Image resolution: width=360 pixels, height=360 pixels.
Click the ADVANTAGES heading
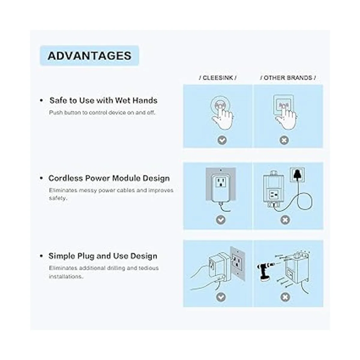click(89, 56)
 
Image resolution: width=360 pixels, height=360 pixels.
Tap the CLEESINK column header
click(217, 78)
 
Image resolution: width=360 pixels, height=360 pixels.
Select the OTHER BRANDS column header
click(288, 78)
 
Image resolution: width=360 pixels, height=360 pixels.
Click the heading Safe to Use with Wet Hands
click(103, 100)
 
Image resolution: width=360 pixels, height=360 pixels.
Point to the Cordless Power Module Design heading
click(109, 178)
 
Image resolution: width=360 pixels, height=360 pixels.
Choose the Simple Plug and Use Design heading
click(103, 256)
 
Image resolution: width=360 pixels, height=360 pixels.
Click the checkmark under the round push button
click(222, 140)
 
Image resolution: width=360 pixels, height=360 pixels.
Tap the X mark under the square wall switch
click(284, 140)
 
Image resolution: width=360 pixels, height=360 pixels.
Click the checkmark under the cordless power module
click(220, 220)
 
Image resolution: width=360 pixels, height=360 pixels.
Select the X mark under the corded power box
click(285, 220)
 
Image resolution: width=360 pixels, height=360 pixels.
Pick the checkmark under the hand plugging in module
click(220, 297)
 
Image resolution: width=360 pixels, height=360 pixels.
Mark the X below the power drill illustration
click(285, 297)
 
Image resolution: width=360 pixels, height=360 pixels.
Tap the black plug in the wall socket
click(297, 174)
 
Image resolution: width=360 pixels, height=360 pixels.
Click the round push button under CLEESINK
click(220, 106)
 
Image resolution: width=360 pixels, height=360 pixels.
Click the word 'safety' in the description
click(58, 198)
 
